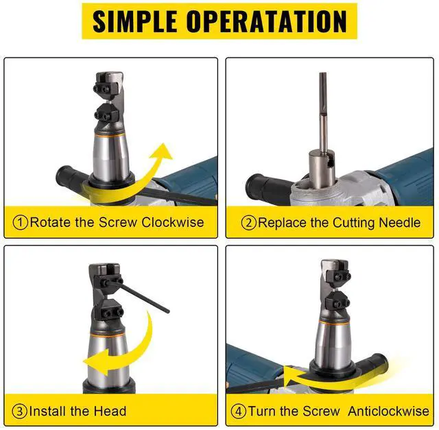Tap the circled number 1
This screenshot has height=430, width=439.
coord(21,223)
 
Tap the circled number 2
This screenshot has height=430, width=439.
coord(248,223)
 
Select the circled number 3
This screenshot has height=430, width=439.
coord(21,411)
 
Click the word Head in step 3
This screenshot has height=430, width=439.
coord(110,411)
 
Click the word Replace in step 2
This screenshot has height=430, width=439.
coord(281,223)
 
